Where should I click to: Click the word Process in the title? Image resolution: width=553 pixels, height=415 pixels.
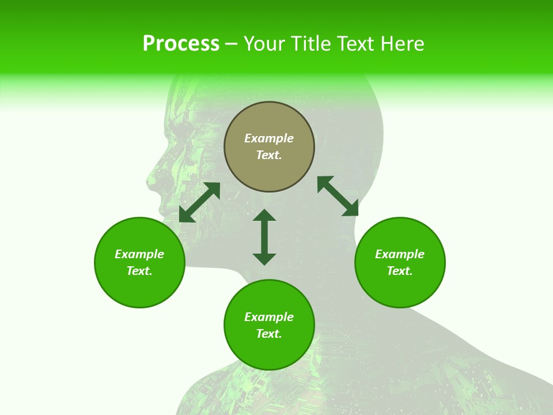pos(181,44)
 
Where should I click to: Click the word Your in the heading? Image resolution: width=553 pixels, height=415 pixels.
pos(266,44)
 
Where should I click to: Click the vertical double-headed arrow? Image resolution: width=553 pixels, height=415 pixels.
pos(264,237)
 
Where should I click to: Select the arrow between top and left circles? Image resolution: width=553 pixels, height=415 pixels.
pos(199,202)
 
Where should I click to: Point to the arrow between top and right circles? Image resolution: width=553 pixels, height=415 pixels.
pos(338,197)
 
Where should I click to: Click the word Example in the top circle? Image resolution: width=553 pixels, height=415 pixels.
pos(269,138)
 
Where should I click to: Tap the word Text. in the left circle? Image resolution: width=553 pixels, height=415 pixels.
pos(139,271)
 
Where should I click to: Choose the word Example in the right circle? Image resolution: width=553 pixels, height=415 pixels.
pos(400,254)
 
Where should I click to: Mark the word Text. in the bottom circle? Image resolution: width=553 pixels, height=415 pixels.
pos(269,334)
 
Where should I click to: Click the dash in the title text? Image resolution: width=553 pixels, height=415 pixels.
pos(231,44)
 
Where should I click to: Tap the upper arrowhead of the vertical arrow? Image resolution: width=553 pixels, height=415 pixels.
pos(264,216)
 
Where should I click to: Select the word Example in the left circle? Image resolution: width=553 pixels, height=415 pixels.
pos(139,254)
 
